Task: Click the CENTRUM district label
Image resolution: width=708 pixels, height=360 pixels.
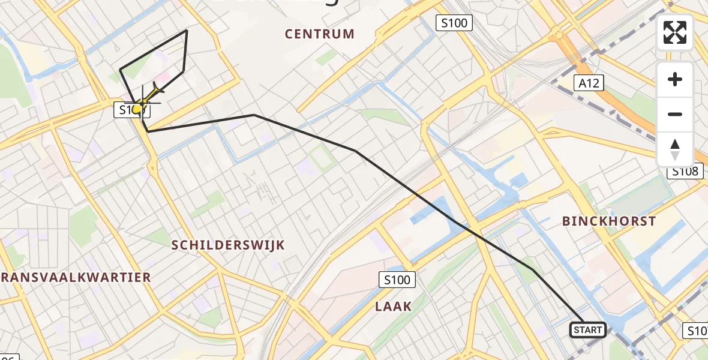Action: click(x=320, y=34)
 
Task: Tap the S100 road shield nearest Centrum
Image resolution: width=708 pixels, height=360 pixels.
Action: click(x=454, y=23)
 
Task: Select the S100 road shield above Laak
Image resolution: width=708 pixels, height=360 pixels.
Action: click(x=397, y=279)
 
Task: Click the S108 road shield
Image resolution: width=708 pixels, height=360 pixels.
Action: click(x=684, y=172)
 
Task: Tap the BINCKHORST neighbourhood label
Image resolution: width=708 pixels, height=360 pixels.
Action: click(x=609, y=221)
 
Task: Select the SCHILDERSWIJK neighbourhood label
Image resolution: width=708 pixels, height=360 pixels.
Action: click(x=228, y=245)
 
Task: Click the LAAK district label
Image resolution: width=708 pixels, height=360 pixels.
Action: click(x=394, y=307)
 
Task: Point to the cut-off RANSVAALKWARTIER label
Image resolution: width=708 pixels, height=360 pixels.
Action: click(x=76, y=277)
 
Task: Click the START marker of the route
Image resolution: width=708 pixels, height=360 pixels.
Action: click(x=587, y=329)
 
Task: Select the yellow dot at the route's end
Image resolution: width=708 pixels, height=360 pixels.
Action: click(x=137, y=109)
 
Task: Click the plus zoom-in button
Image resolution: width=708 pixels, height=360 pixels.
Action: click(x=675, y=79)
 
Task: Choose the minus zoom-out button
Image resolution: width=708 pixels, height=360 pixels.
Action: click(x=675, y=114)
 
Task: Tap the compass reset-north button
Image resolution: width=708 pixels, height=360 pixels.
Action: click(x=675, y=149)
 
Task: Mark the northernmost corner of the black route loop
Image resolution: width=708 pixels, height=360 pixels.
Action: click(x=187, y=30)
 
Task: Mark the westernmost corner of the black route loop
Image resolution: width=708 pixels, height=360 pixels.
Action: click(x=121, y=69)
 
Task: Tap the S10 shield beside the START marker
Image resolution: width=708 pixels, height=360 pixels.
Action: click(x=696, y=330)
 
